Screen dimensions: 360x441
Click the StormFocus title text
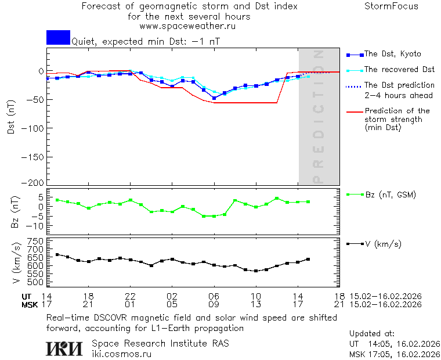coord(391,6)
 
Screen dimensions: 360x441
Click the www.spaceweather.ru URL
coord(187,26)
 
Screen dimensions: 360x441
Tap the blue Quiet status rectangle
coord(58,38)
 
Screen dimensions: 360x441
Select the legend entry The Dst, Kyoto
coord(392,54)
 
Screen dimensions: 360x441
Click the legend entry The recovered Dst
coord(399,70)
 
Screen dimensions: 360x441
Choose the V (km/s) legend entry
coord(382,244)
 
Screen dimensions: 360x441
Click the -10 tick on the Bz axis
coord(35,226)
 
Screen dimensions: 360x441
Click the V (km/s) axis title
coord(16,264)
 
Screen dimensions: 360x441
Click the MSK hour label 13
coord(256,304)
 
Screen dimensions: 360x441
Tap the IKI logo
coord(64,348)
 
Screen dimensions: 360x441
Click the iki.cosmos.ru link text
coord(122,354)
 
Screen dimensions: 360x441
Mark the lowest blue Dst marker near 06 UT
coord(214,98)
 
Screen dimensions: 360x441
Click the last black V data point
coord(308,259)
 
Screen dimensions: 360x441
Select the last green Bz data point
coord(308,201)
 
